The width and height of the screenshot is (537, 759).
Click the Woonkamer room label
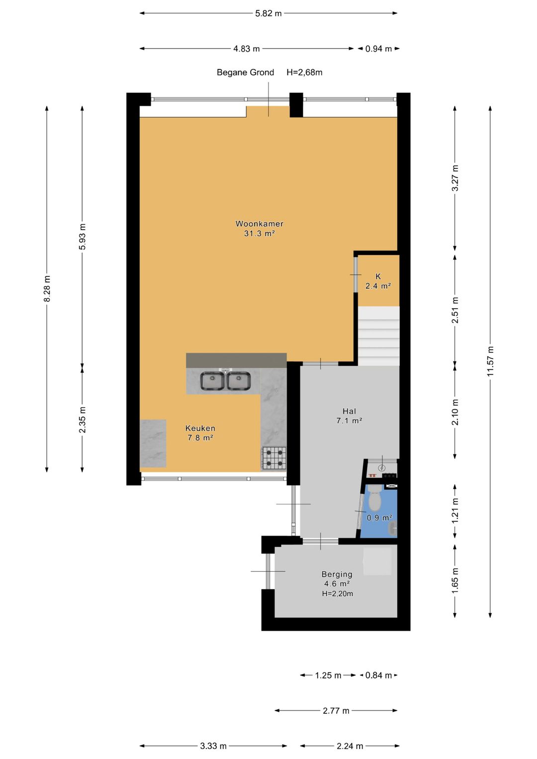[x=260, y=224]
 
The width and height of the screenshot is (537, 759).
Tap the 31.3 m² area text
[x=259, y=234]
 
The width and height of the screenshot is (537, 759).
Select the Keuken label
[x=200, y=428]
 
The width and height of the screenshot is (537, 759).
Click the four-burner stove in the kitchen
[x=273, y=458]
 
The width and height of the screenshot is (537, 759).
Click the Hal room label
[x=349, y=412]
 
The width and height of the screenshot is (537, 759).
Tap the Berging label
[x=337, y=574]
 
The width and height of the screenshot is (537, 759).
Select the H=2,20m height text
[x=337, y=593]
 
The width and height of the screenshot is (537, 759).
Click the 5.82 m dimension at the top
[x=268, y=13]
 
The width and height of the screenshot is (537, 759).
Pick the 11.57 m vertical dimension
[x=490, y=361]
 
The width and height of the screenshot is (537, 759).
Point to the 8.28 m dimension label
[x=47, y=289]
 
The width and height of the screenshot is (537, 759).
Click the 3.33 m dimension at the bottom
[x=213, y=746]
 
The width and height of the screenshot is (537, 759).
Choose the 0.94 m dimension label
[x=378, y=49]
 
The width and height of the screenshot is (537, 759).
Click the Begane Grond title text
[x=246, y=73]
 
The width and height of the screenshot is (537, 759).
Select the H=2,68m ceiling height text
[x=304, y=73]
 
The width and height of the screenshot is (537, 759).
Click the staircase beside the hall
[x=379, y=336]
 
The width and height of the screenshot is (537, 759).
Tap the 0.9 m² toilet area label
[x=380, y=518]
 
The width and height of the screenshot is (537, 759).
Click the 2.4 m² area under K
[x=378, y=286]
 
